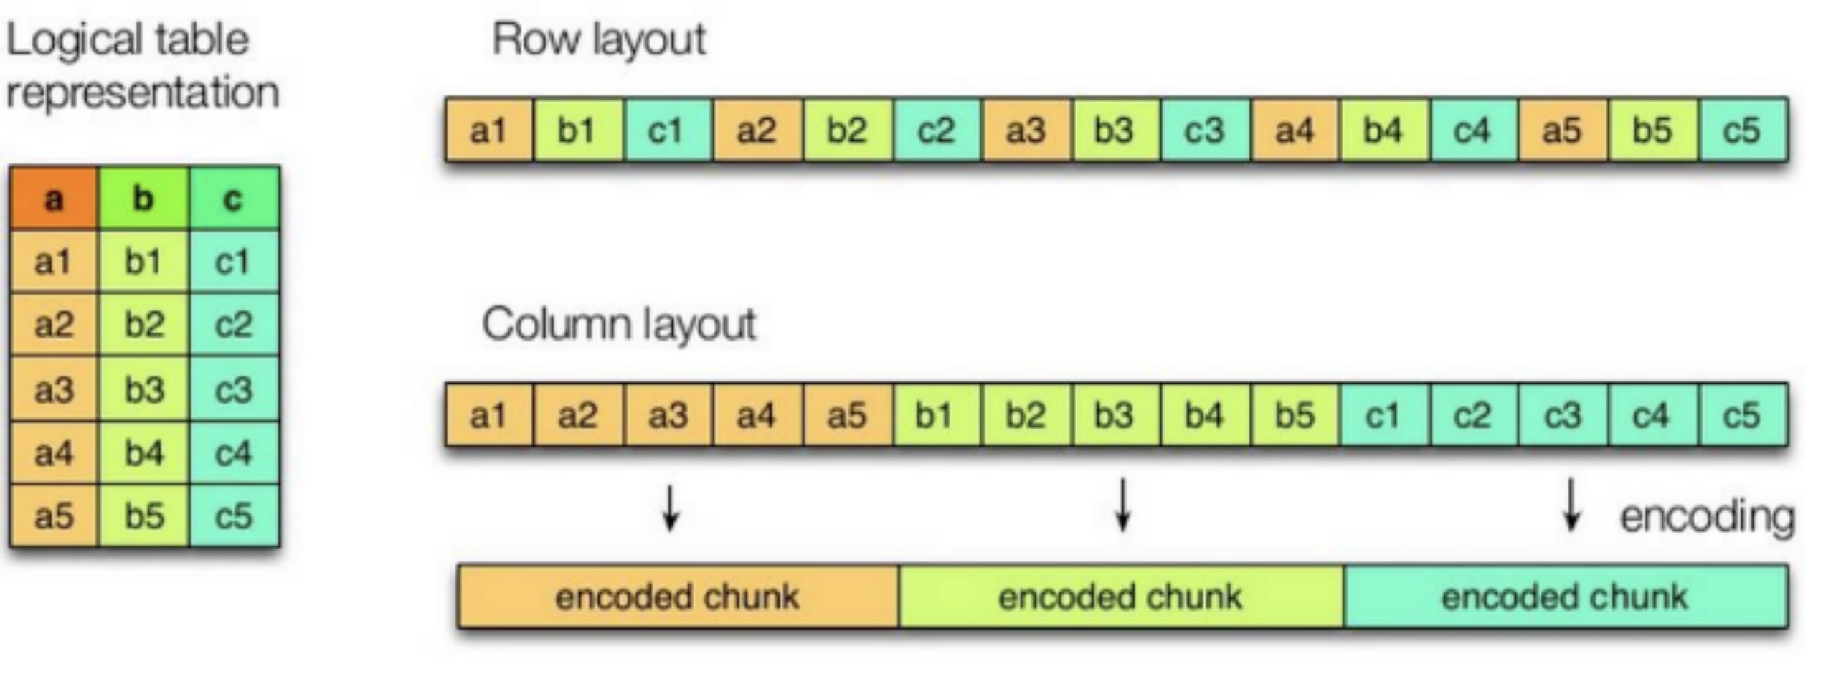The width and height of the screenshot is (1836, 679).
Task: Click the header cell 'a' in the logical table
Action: pos(54,199)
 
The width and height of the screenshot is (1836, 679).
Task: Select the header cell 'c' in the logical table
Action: pos(234,199)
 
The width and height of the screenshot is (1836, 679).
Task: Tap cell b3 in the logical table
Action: pos(144,389)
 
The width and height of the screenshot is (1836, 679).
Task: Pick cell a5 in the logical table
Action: pos(54,516)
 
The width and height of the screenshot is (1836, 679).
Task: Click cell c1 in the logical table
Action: pos(234,262)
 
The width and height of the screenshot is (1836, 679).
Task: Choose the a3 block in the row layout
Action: pos(1026,130)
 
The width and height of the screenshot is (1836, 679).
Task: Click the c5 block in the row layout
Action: pos(1743,130)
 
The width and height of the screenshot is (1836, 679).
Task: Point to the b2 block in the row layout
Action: pos(847,130)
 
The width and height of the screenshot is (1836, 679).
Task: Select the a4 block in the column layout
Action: pos(757,415)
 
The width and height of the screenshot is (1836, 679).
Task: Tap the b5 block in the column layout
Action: pos(1295,415)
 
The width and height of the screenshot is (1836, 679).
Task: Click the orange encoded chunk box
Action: pos(678,597)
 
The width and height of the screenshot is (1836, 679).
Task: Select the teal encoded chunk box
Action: pos(1566,597)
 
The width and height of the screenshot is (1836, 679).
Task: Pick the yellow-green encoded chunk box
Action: pos(1121,597)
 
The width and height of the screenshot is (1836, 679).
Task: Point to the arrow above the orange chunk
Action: pos(671,508)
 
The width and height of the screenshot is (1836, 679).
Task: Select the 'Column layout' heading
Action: pos(619,324)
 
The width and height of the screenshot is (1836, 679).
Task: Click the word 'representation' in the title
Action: pos(142,92)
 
